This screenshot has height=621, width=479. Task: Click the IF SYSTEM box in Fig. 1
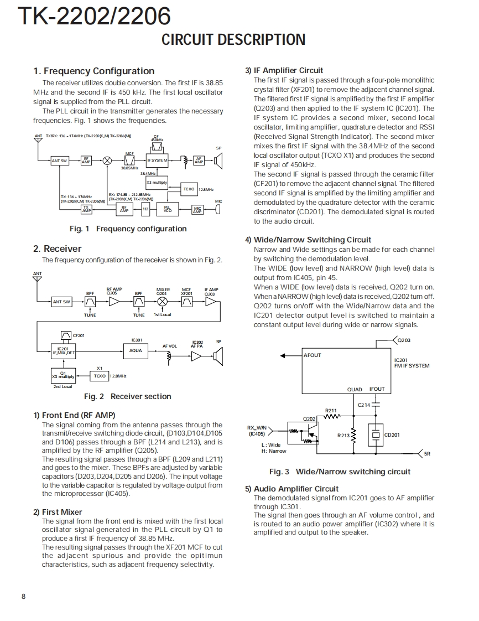pos(157,161)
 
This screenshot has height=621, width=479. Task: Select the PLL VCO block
pos(167,209)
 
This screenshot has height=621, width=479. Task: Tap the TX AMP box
pos(87,209)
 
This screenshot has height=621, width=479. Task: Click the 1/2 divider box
pos(145,209)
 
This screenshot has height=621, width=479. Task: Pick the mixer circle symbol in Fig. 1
pos(108,161)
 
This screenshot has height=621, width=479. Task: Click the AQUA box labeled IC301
pos(136,350)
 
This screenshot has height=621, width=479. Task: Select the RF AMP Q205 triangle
pos(114,301)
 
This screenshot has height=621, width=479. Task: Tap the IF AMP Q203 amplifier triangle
pos(211,301)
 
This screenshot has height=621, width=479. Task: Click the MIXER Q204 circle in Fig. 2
pos(163,301)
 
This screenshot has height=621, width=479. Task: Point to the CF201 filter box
pos(66,335)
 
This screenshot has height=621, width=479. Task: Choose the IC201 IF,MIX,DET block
pos(63,350)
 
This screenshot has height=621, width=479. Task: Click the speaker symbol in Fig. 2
pos(217,356)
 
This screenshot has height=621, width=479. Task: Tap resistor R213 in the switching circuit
pos(354,436)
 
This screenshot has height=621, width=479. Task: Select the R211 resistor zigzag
pos(331,417)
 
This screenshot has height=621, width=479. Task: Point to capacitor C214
pos(376,405)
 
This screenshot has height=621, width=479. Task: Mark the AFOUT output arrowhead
pos(282,355)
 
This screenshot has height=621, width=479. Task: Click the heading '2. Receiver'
pos(57,249)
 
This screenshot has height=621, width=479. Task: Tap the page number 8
pos(23,596)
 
